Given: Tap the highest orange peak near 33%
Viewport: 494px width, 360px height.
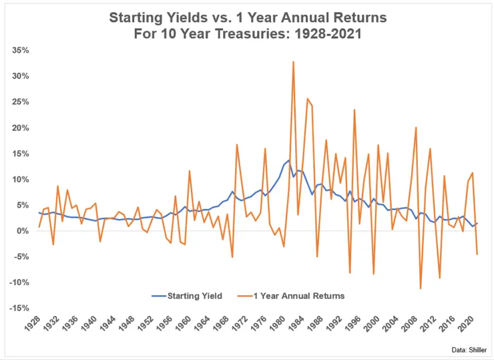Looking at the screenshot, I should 293,61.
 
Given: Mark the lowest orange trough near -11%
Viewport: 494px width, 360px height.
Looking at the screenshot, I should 421,289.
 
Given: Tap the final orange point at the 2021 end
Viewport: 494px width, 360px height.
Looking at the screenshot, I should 477,254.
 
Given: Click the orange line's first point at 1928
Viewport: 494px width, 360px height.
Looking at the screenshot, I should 39,227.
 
